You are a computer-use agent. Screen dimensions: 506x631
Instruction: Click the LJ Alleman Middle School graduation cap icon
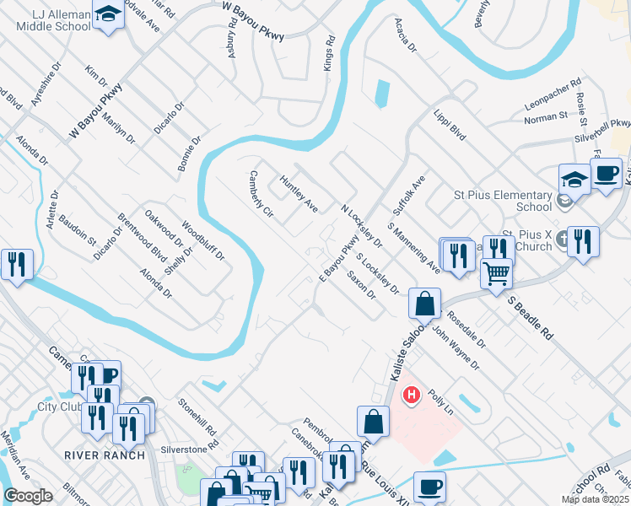(108, 15)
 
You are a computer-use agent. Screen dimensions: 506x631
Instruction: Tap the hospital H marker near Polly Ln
(412, 394)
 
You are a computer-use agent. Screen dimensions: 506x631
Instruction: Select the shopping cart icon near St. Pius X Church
(496, 273)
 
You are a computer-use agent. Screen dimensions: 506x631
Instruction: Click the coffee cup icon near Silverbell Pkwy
(605, 175)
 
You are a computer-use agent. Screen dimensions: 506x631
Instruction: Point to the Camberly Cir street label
(262, 196)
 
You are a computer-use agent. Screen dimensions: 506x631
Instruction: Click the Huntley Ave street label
(299, 193)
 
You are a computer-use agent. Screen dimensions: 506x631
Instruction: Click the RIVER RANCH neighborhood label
(100, 455)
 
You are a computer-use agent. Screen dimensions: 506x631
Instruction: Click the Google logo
(28, 496)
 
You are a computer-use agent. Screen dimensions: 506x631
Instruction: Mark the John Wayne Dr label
(456, 348)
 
